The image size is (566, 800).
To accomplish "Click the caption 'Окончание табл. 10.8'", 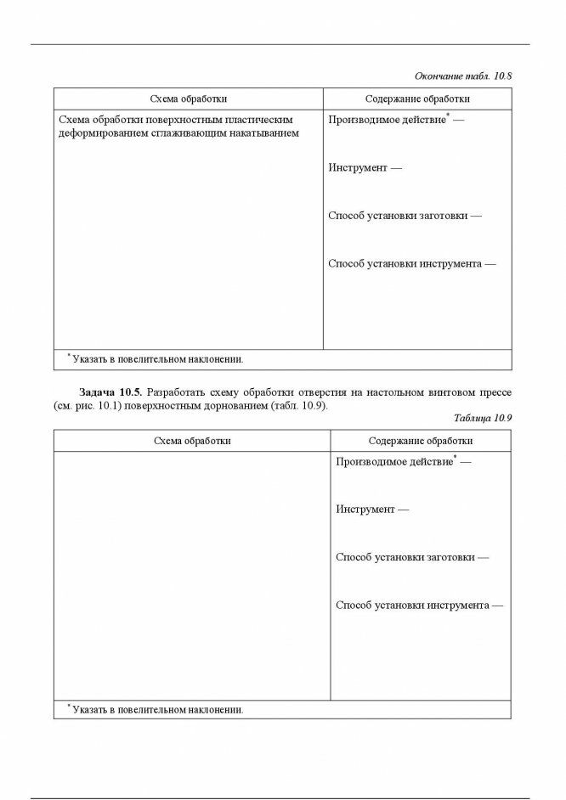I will pos(463,76).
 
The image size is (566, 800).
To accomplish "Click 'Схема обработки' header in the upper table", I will pos(188,99).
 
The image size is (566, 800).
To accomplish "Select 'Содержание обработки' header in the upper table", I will pos(417,99).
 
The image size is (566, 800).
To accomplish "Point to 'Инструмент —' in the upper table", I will pos(365,168).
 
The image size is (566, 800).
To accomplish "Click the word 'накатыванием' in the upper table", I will pos(262,134).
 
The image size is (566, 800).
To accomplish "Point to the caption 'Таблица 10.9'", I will pos(483,419).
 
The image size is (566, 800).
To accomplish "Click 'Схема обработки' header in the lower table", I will pos(191,441).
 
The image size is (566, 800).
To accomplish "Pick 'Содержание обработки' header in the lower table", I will pos(421,441).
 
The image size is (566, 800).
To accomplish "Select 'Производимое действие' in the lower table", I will pos(394,462).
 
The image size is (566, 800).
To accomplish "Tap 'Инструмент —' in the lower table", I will pos(372,510).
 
